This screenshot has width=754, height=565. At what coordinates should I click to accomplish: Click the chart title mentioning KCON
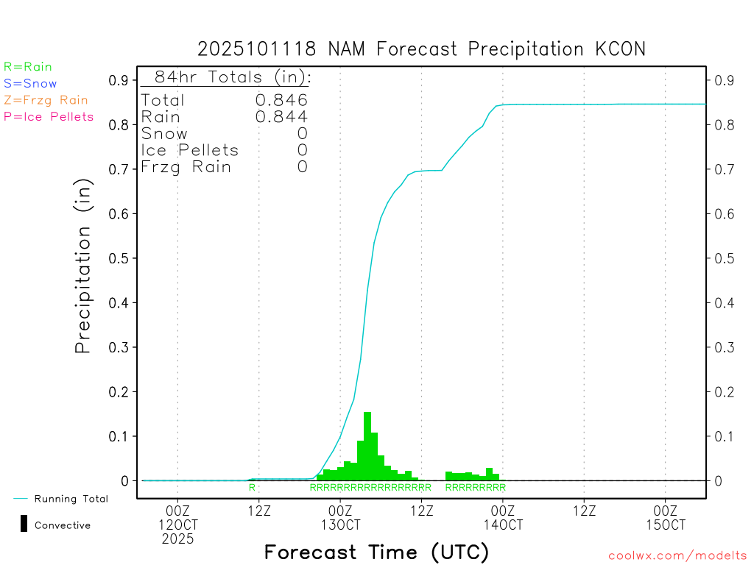421,49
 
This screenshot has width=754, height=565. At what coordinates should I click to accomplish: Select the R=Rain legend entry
28,67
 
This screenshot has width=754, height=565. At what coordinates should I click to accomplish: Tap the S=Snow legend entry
30,84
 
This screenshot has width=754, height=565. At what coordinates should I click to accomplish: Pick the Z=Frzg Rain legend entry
46,100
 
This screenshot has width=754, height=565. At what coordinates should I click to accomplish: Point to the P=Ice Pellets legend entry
49,116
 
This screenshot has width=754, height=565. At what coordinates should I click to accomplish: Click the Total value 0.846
281,100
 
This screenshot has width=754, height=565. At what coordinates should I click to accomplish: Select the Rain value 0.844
281,116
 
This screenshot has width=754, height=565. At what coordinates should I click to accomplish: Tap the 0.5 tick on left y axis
119,258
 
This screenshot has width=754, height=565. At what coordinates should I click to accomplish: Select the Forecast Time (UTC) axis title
376,552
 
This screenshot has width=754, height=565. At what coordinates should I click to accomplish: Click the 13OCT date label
340,525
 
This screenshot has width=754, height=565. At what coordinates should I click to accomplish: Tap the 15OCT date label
665,525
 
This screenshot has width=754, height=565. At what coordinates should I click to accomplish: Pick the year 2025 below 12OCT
178,539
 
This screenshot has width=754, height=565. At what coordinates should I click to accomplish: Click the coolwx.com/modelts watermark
677,556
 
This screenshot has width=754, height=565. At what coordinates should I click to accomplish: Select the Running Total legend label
71,499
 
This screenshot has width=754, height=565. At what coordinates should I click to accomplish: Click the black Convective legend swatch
24,524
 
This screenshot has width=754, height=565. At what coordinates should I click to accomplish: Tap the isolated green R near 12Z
252,487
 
